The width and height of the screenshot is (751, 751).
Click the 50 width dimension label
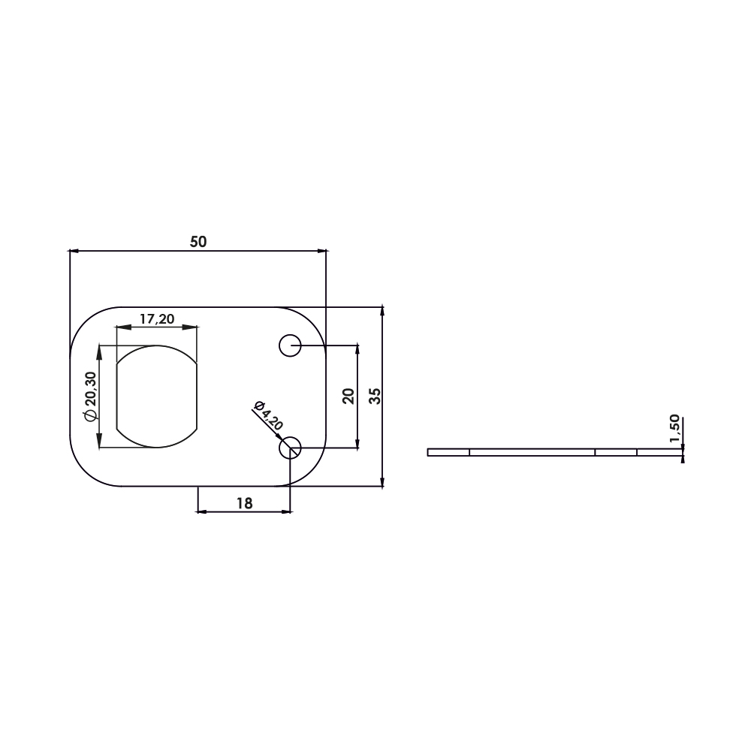[198, 242]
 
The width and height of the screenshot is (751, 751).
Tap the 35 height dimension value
[375, 396]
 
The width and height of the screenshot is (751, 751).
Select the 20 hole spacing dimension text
[349, 396]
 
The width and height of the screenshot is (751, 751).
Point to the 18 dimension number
[244, 503]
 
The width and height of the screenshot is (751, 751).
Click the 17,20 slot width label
[157, 318]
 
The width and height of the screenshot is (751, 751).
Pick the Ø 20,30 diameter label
[91, 396]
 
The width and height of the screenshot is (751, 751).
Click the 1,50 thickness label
[674, 428]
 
